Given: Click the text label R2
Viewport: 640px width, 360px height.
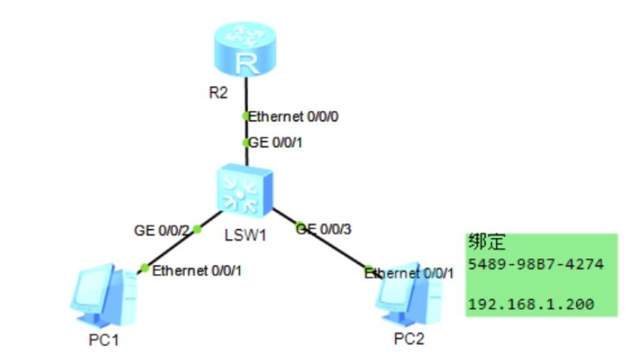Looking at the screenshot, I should click(218, 93).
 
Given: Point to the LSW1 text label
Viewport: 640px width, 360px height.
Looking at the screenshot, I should click(242, 235).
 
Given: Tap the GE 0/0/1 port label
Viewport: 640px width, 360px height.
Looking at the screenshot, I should click(276, 143).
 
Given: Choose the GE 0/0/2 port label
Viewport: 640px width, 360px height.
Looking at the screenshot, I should click(161, 230).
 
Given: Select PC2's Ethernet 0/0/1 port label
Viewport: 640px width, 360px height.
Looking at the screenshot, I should click(409, 273).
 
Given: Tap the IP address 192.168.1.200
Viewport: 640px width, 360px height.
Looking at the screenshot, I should click(529, 303).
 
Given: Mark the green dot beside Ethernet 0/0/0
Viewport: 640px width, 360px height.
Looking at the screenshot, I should click(246, 117).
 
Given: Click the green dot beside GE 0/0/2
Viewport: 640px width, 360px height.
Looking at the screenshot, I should click(197, 230).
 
